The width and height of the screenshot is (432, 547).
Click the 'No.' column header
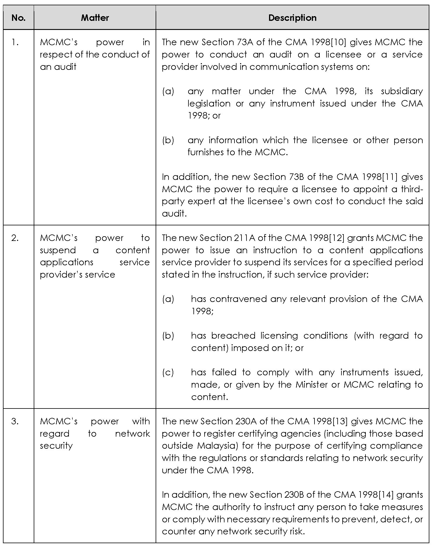(18, 18)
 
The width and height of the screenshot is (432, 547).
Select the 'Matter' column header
(95, 18)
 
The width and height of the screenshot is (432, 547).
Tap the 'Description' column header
(292, 18)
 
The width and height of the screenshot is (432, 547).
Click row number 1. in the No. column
(15, 43)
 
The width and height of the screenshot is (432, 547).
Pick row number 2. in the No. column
(15, 238)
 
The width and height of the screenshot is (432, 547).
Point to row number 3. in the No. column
(15, 421)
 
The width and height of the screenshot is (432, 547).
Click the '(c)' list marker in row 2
(168, 372)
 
